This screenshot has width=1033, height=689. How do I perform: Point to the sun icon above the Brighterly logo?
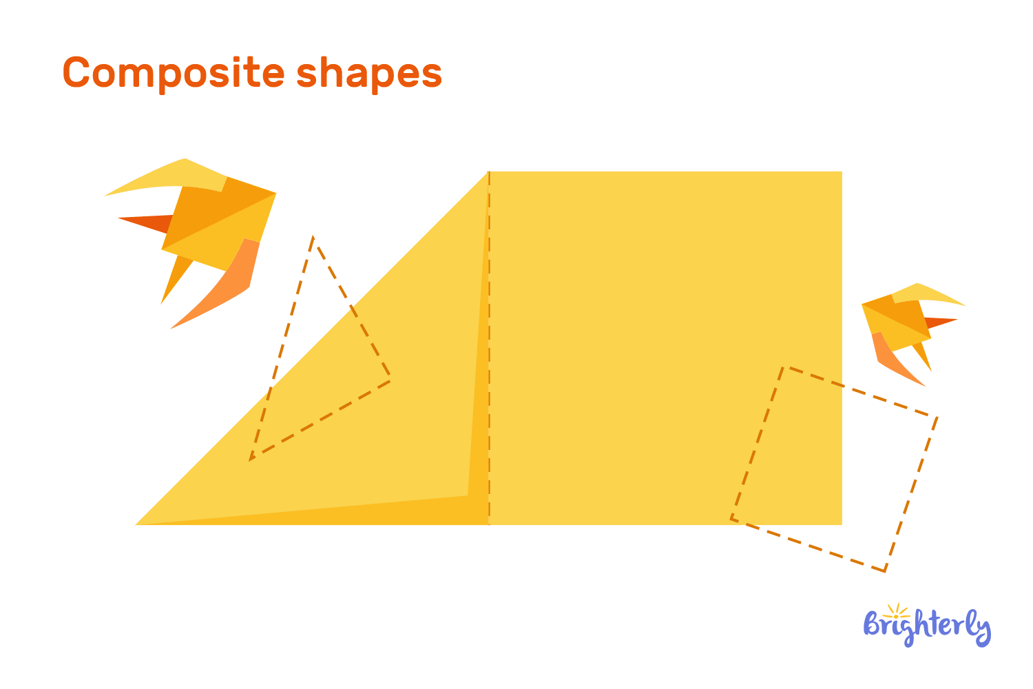[896, 611]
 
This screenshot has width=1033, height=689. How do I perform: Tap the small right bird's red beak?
[940, 321]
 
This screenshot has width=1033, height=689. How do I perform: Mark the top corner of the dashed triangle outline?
[313, 238]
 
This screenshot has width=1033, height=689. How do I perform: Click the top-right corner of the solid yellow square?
[841, 172]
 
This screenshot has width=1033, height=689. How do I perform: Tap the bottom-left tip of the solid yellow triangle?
[138, 524]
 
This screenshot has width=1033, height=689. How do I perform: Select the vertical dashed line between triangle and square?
[489, 344]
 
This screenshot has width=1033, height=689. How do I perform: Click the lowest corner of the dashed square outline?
[885, 570]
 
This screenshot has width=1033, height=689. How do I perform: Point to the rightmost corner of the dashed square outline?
[937, 417]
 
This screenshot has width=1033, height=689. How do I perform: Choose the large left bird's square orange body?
[217, 220]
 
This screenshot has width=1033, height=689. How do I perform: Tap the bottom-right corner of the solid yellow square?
[841, 524]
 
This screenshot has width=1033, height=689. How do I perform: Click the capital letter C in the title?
[77, 73]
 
